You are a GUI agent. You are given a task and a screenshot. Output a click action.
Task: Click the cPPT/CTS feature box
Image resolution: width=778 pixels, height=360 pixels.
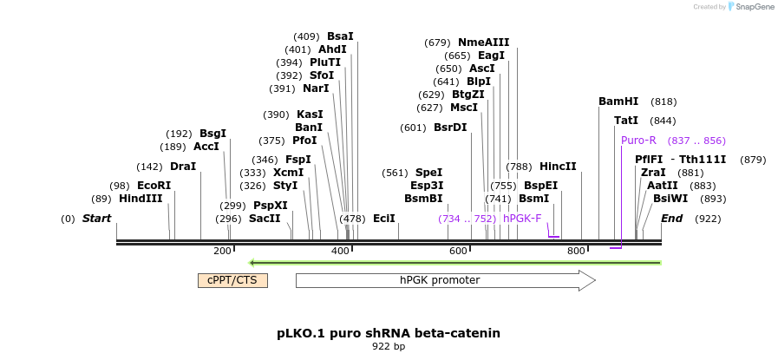pos(232,280)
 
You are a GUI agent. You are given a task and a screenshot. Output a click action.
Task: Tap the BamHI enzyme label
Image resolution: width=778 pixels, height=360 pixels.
pos(618,101)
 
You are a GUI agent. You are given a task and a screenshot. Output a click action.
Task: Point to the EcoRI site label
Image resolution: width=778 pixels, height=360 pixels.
pos(154,186)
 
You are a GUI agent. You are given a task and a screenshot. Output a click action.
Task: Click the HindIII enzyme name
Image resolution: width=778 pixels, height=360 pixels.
pos(141,199)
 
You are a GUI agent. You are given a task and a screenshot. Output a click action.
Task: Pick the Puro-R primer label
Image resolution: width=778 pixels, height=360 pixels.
pos(638,141)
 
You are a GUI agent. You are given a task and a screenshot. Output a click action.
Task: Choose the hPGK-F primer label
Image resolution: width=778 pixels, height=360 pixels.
pos(522,219)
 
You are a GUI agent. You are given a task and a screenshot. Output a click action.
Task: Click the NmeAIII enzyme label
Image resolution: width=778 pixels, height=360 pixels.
pos(483,43)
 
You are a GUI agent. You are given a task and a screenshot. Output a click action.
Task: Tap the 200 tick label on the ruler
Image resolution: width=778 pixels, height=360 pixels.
pos(222,251)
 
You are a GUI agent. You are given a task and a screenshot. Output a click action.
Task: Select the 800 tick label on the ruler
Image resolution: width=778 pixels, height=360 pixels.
pos(576,251)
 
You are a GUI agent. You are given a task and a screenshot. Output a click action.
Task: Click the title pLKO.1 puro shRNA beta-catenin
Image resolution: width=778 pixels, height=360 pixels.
pos(389,333)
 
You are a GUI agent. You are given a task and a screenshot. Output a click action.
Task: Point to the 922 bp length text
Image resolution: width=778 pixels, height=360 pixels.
pos(389,347)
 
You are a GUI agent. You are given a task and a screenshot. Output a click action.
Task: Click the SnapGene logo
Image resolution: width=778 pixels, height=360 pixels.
pos(751,7)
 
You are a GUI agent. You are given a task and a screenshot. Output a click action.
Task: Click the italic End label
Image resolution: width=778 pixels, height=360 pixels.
pos(671,219)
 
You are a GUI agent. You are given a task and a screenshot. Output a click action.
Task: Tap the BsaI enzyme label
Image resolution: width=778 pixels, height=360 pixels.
pos(340,36)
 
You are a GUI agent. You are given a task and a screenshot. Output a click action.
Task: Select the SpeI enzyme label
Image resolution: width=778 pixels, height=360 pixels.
pos(428,173)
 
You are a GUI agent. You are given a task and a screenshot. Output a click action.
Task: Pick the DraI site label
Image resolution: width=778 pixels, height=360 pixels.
pos(183,167)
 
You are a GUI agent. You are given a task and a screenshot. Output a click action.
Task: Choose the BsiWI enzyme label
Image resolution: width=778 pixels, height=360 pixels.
pos(670,199)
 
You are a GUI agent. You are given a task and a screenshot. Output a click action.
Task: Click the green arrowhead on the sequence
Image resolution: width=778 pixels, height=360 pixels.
pos(252,262)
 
